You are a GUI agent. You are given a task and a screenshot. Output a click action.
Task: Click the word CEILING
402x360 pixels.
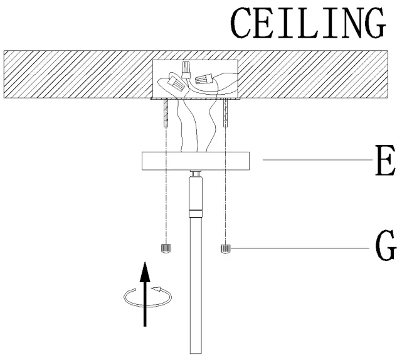point(308,25)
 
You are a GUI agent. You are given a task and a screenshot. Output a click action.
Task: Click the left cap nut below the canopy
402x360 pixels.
point(166,248)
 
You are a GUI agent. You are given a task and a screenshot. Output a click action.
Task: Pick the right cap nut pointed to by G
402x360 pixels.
point(225,249)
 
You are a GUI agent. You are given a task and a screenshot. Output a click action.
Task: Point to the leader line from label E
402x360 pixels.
point(314,161)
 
